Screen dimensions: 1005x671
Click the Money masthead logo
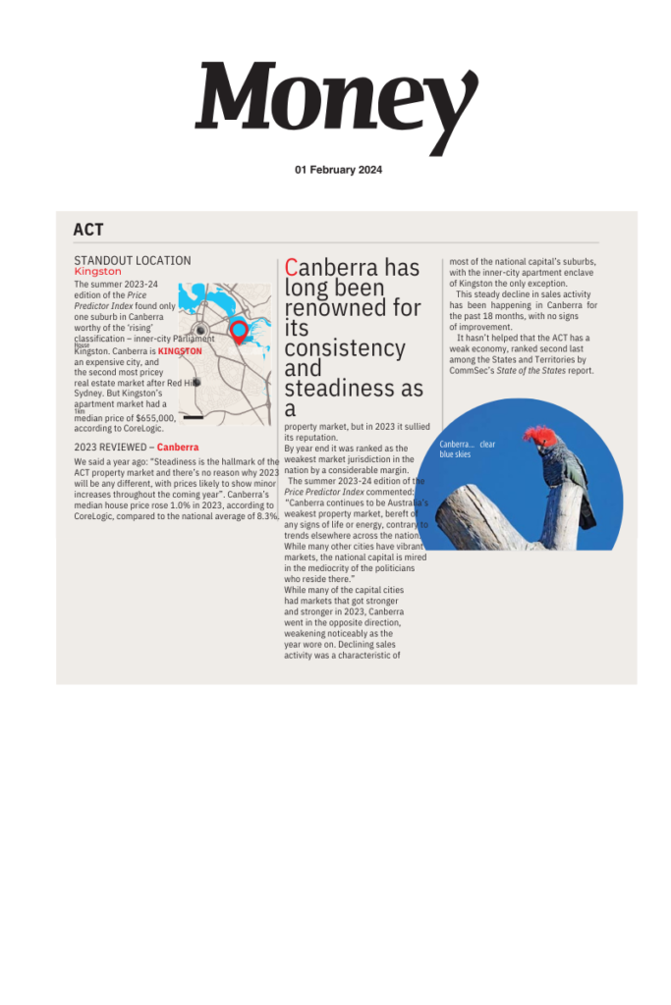(336, 104)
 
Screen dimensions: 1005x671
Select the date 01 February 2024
(338, 170)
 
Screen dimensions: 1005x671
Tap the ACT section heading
(88, 230)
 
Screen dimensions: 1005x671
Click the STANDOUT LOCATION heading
(132, 260)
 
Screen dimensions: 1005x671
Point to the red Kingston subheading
(98, 271)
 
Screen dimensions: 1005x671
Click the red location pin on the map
(238, 330)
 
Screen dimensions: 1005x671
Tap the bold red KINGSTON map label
(180, 350)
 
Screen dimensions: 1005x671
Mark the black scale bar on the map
(194, 417)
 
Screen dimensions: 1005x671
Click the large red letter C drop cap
(291, 267)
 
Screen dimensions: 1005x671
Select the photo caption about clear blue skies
(467, 450)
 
